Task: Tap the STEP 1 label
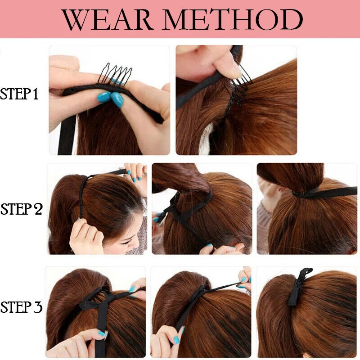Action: click(20, 94)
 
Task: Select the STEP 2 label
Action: click(21, 209)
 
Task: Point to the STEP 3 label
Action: click(21, 308)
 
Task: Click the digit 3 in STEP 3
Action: click(37, 308)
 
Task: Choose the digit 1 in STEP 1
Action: click(36, 94)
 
